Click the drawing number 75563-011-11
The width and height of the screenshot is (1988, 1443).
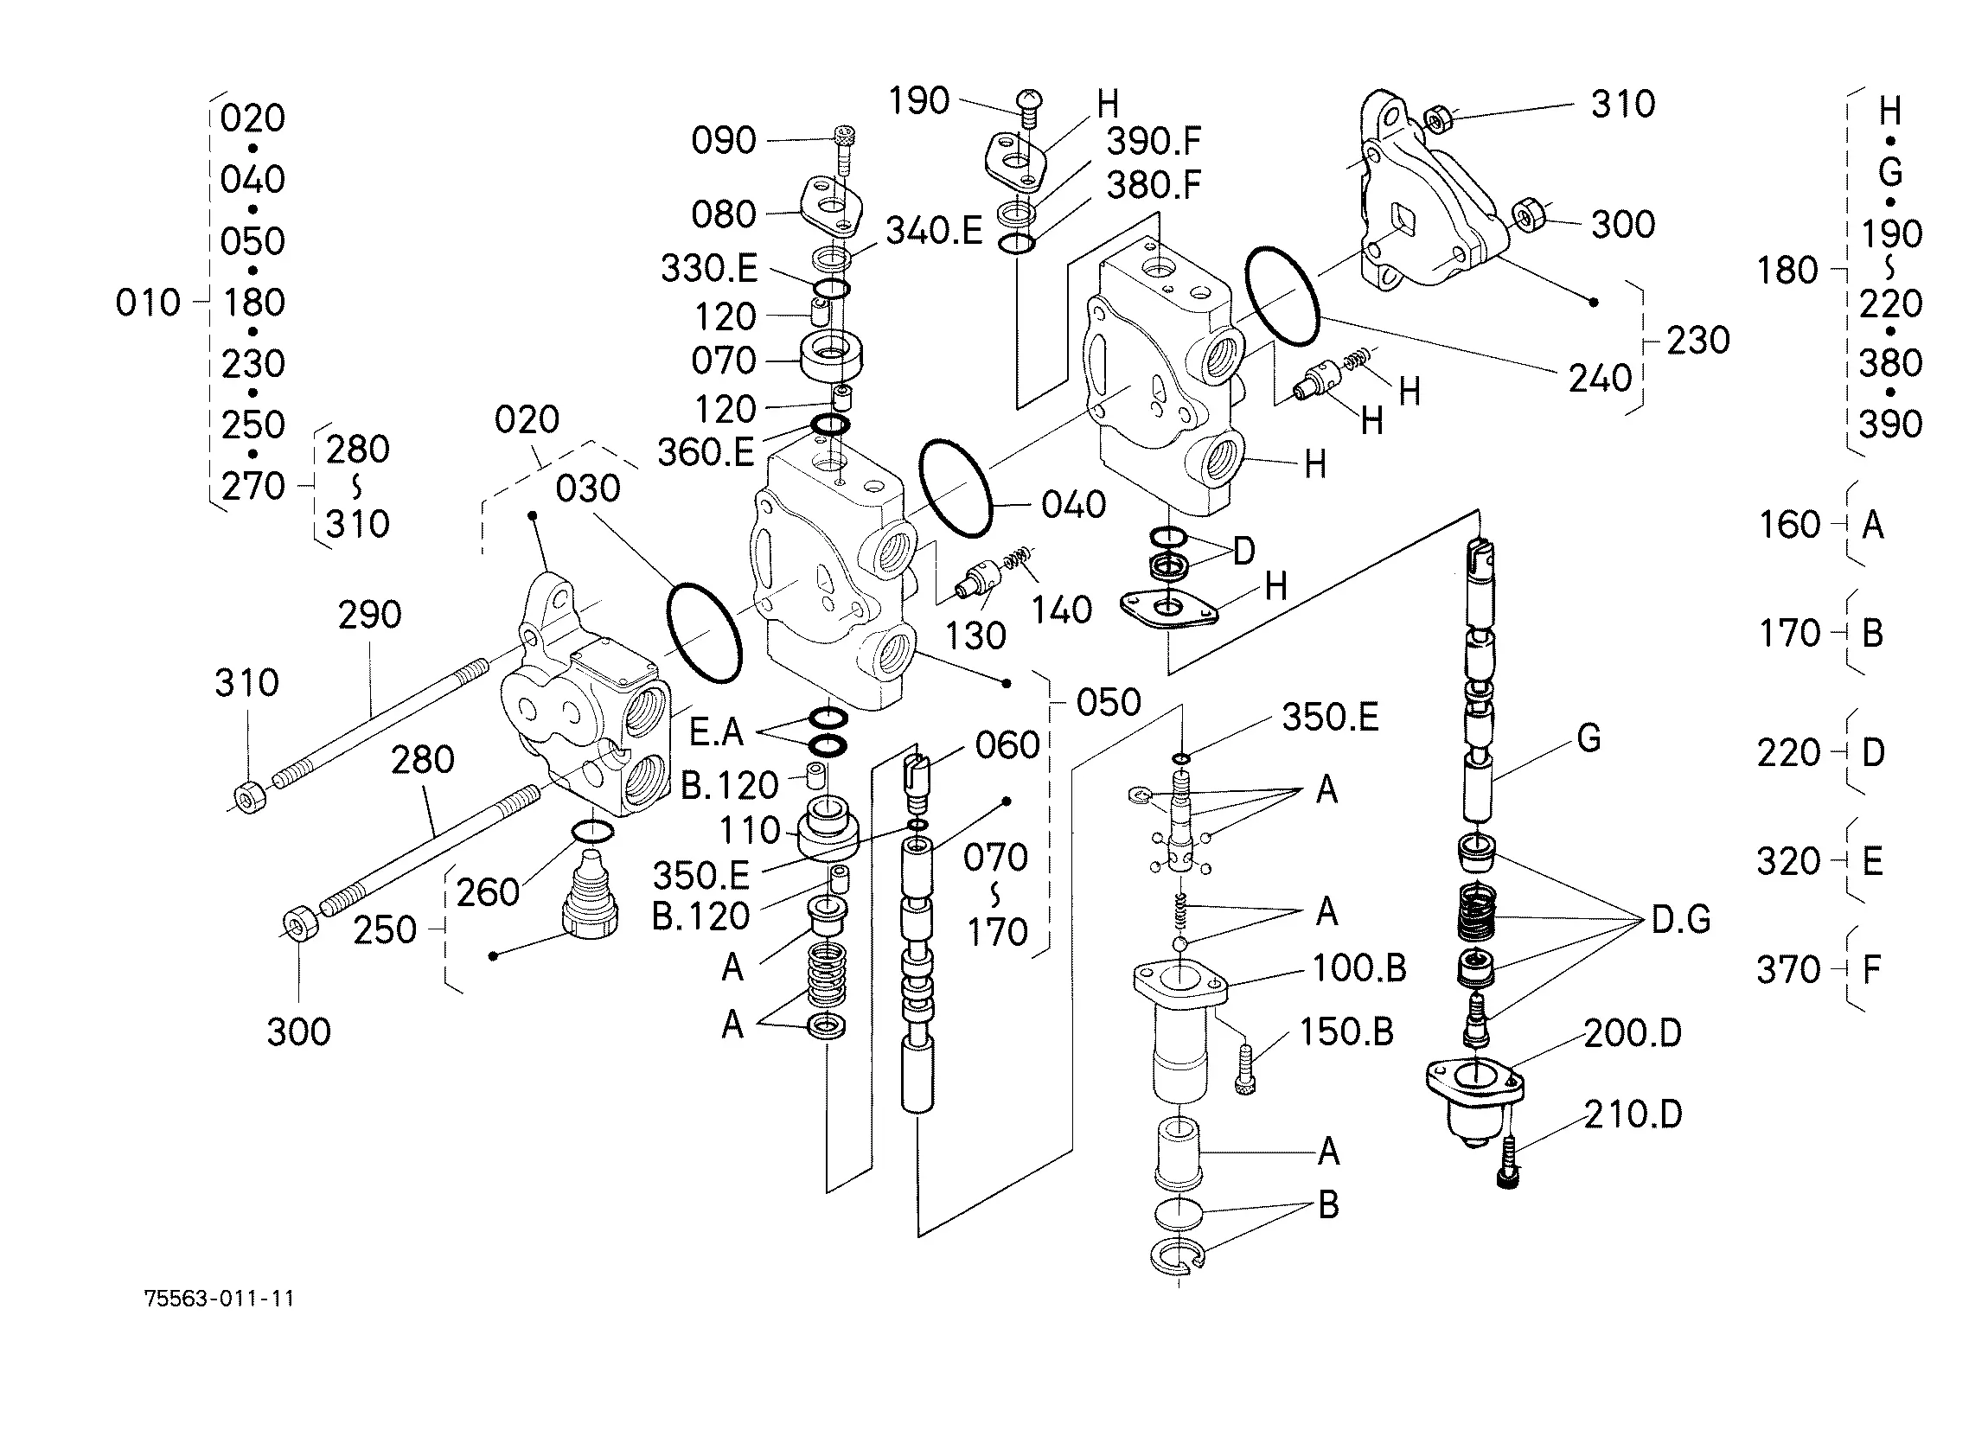tap(219, 1299)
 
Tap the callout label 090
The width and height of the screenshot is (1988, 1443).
tap(723, 140)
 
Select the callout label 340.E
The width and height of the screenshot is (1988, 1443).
tap(934, 231)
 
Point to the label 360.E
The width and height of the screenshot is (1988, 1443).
tap(706, 452)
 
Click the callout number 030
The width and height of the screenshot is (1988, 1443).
tap(587, 488)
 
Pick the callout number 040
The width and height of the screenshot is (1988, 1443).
tap(1074, 505)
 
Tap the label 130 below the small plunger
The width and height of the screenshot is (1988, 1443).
tap(975, 635)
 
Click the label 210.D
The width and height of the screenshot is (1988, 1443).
tap(1633, 1114)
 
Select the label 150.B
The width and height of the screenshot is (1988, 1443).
tap(1346, 1031)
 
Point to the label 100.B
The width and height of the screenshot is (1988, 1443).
tap(1358, 968)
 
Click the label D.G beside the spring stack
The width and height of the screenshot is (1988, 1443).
tap(1680, 919)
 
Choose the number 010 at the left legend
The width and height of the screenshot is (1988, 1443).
tap(147, 303)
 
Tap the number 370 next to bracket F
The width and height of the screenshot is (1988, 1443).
tap(1788, 969)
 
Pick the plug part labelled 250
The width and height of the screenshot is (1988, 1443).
tap(590, 894)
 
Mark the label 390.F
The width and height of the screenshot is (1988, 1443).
tap(1154, 141)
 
